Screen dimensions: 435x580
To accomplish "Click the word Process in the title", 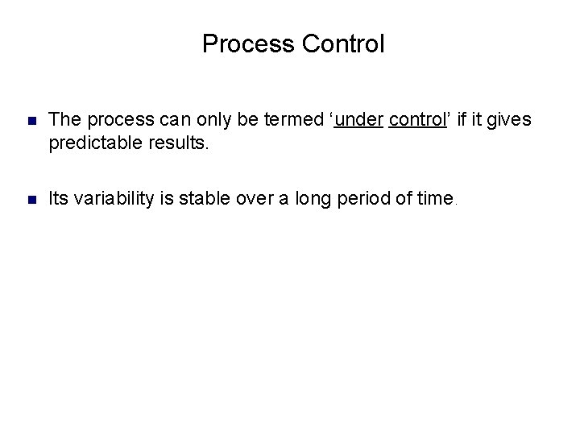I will coord(238,43).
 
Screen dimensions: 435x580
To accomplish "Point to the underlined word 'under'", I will coord(362,120).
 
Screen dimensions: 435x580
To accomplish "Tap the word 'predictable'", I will coord(90,145).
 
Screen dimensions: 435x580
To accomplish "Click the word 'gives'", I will coord(509,120).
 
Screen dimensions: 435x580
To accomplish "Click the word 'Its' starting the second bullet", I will coord(59,197).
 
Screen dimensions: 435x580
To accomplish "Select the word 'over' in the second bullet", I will coord(257,197).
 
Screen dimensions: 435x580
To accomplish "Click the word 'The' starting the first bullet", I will coord(64,120).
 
